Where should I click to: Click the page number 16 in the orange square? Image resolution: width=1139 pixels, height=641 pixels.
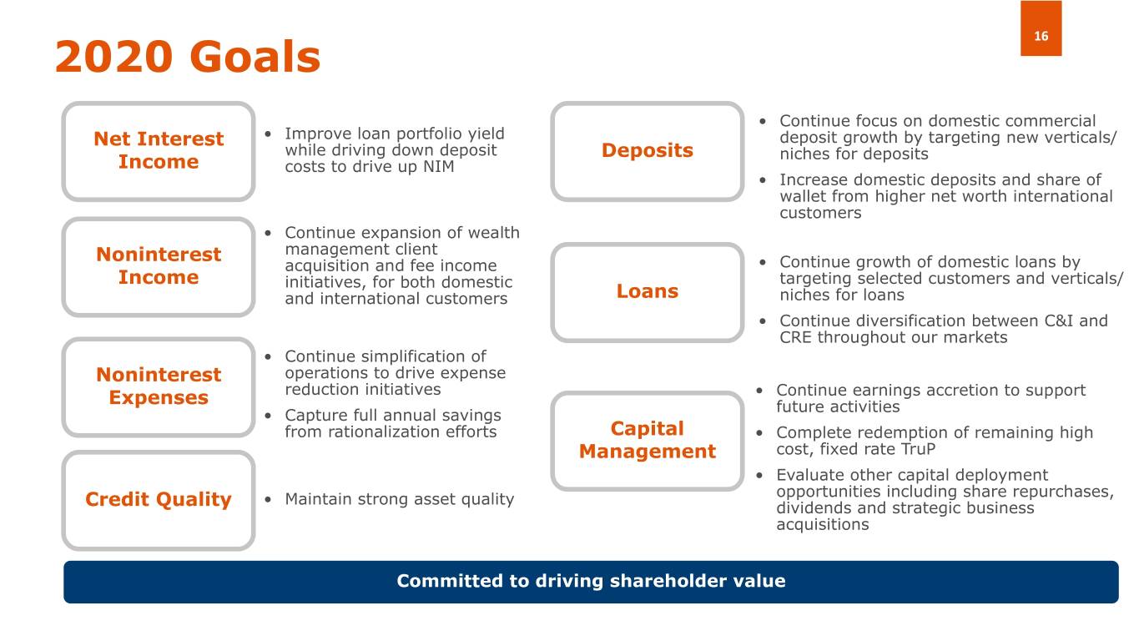tap(1041, 36)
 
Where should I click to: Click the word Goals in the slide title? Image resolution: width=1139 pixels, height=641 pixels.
tap(255, 57)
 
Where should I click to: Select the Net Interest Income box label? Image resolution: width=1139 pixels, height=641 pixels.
tap(159, 150)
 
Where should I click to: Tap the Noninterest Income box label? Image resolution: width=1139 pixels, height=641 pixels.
tap(159, 265)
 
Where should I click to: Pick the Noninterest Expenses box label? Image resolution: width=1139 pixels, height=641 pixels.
tap(159, 386)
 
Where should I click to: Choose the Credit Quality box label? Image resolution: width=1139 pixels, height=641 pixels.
tap(159, 500)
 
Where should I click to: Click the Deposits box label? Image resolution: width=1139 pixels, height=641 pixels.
tap(648, 150)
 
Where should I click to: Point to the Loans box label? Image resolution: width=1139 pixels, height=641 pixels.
tap(648, 291)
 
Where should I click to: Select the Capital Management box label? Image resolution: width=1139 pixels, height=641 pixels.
tap(648, 440)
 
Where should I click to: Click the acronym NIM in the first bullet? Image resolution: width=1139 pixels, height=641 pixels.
tap(438, 167)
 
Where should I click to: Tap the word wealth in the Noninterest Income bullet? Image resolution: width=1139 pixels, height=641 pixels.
tap(494, 233)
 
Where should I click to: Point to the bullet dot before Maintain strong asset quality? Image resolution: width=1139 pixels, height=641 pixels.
tap(268, 500)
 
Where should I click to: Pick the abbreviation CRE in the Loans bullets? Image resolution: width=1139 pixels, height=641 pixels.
tap(795, 338)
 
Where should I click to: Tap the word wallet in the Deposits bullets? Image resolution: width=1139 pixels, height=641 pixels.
tap(800, 196)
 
